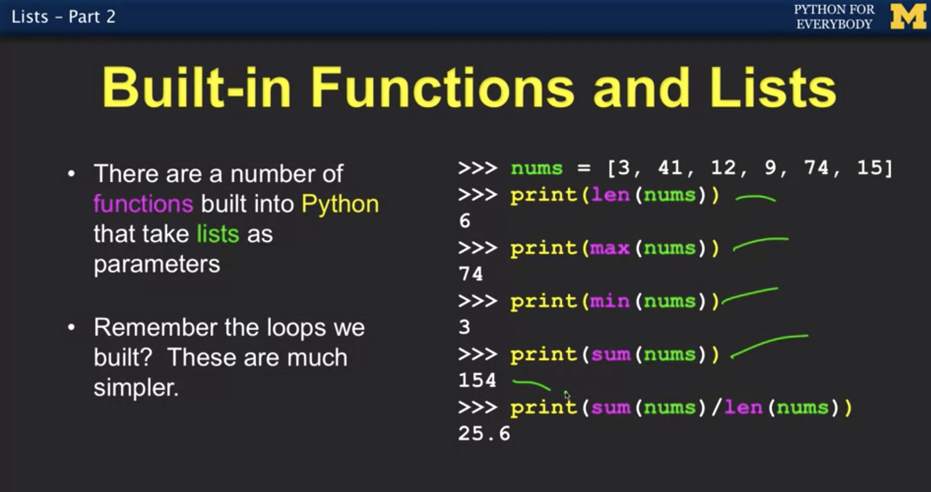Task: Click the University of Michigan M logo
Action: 908,17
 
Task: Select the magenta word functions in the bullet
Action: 143,204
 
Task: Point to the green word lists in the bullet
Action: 217,234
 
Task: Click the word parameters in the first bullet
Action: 157,264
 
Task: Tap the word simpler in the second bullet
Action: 136,388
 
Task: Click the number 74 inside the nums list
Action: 816,168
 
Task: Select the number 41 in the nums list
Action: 670,168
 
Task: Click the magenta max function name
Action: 610,248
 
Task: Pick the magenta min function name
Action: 610,301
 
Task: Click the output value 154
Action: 477,380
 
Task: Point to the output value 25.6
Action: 484,433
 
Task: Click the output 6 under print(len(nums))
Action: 464,221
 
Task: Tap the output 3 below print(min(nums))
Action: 464,327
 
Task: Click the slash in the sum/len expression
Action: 716,407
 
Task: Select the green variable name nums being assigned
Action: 537,169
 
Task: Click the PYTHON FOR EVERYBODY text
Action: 834,17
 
